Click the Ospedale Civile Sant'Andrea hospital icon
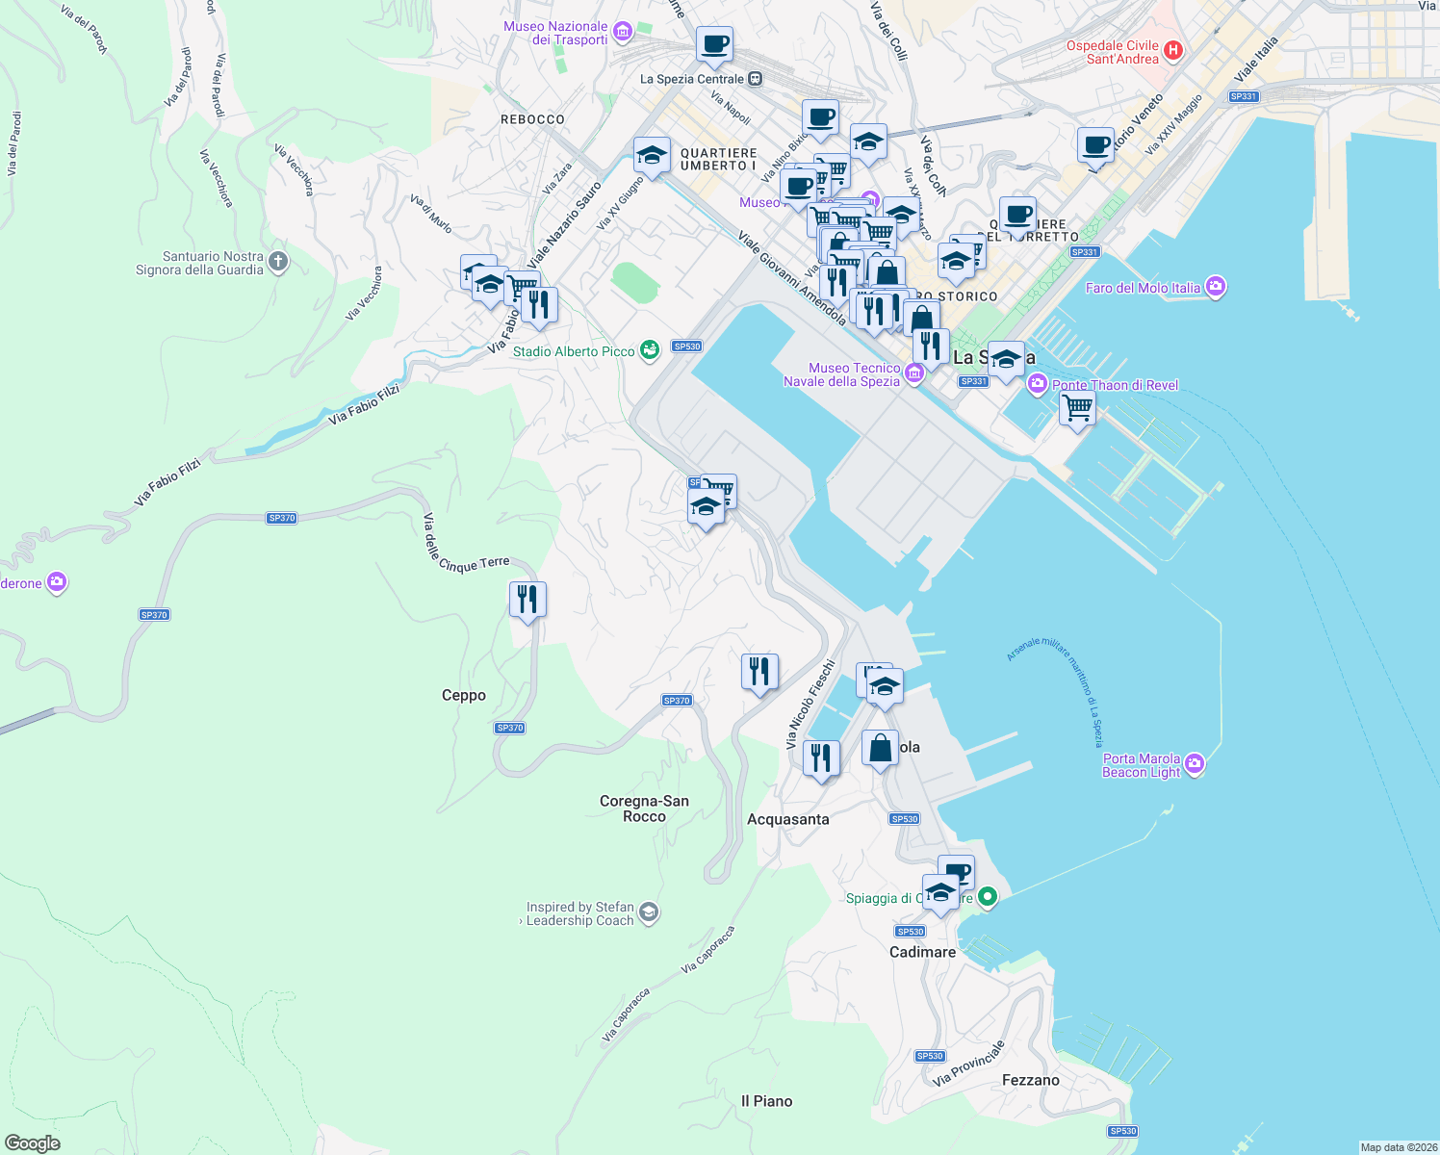pos(1172,51)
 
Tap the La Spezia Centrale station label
pos(692,79)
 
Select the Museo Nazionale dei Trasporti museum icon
pos(622,33)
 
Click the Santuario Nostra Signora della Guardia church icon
pos(278,262)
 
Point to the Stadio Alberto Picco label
pos(574,352)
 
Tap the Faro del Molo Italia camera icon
pos(1216,287)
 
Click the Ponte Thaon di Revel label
pos(1115,385)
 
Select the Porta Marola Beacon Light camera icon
pos(1195,764)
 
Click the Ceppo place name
pos(464,695)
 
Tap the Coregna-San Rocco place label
pos(644,808)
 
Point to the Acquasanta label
pos(787,819)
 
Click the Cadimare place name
pos(922,952)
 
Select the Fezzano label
pos(1030,1080)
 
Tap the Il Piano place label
pos(767,1101)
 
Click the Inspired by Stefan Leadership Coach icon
pos(649,912)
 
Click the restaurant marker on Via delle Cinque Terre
pos(527,600)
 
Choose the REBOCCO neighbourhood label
pos(532,119)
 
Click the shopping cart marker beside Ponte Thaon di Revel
pos(1077,407)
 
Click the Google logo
pos(32,1143)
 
